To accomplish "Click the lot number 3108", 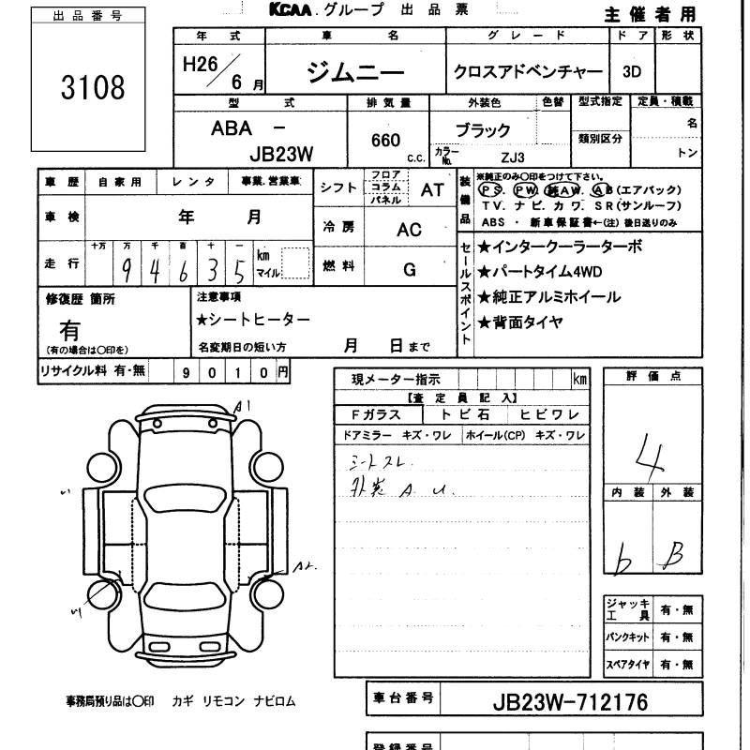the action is coord(92,88).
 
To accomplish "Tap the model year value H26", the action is coord(200,68).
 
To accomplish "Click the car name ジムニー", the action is coord(354,72).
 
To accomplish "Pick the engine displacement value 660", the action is coord(386,141).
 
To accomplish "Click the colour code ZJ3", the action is coord(513,157).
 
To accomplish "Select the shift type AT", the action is coord(432,189).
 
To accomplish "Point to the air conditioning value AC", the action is coord(409,230).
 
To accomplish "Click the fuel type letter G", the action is coord(409,270).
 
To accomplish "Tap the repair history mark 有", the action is coord(69,330).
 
